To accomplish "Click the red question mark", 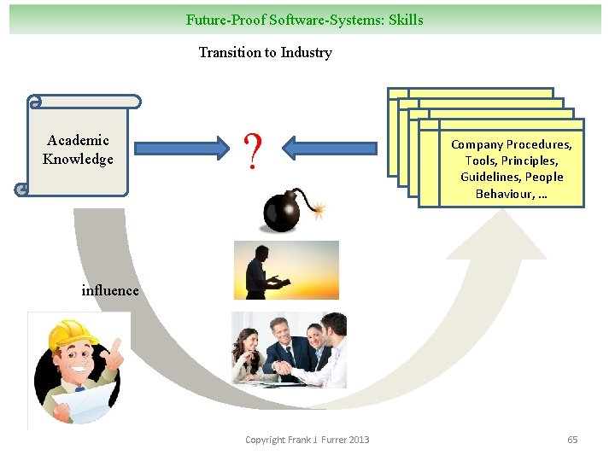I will tap(252, 151).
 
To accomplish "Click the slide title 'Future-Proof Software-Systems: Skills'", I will tap(304, 19).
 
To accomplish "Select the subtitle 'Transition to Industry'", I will tap(265, 52).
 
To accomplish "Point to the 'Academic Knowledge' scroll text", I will tap(78, 149).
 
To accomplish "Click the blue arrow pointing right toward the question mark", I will tap(179, 149).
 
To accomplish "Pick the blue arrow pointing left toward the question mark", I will tap(329, 149).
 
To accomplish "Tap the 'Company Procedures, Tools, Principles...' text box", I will tap(512, 169).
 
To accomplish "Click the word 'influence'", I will tap(109, 290).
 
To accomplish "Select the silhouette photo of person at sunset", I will tap(286, 270).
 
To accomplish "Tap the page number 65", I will tap(572, 440).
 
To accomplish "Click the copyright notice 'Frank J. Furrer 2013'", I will tap(307, 440).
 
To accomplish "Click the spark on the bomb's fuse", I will tap(319, 207).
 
